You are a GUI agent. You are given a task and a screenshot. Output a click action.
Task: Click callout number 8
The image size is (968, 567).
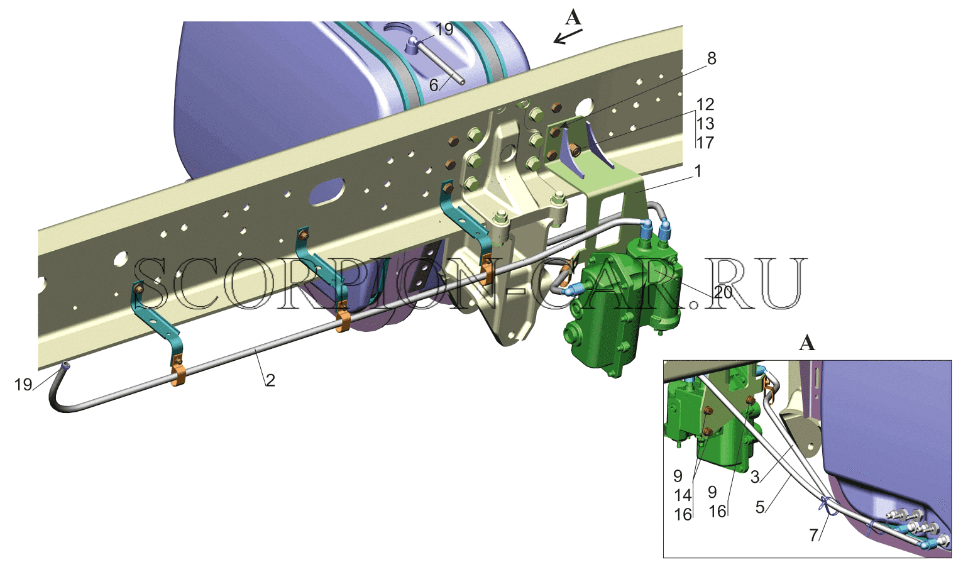[x=711, y=58]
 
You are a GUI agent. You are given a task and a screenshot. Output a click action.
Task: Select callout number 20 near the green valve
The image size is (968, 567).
[x=723, y=292]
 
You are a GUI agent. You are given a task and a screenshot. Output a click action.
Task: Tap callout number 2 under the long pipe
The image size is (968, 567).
[x=270, y=380]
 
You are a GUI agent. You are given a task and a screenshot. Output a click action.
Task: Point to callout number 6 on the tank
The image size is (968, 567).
[x=434, y=85]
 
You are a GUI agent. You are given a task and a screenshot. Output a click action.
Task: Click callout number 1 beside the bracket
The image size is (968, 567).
[x=698, y=171]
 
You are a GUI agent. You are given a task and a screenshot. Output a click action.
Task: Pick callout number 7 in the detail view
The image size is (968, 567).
[x=814, y=536]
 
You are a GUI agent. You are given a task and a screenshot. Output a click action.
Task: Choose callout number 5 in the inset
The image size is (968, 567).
[x=760, y=507]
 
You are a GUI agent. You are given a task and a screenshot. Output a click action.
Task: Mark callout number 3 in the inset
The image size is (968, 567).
[x=755, y=477]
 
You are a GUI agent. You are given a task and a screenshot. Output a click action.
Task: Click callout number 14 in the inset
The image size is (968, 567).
[x=683, y=495]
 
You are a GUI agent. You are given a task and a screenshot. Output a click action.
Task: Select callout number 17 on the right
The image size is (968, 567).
[x=705, y=143]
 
